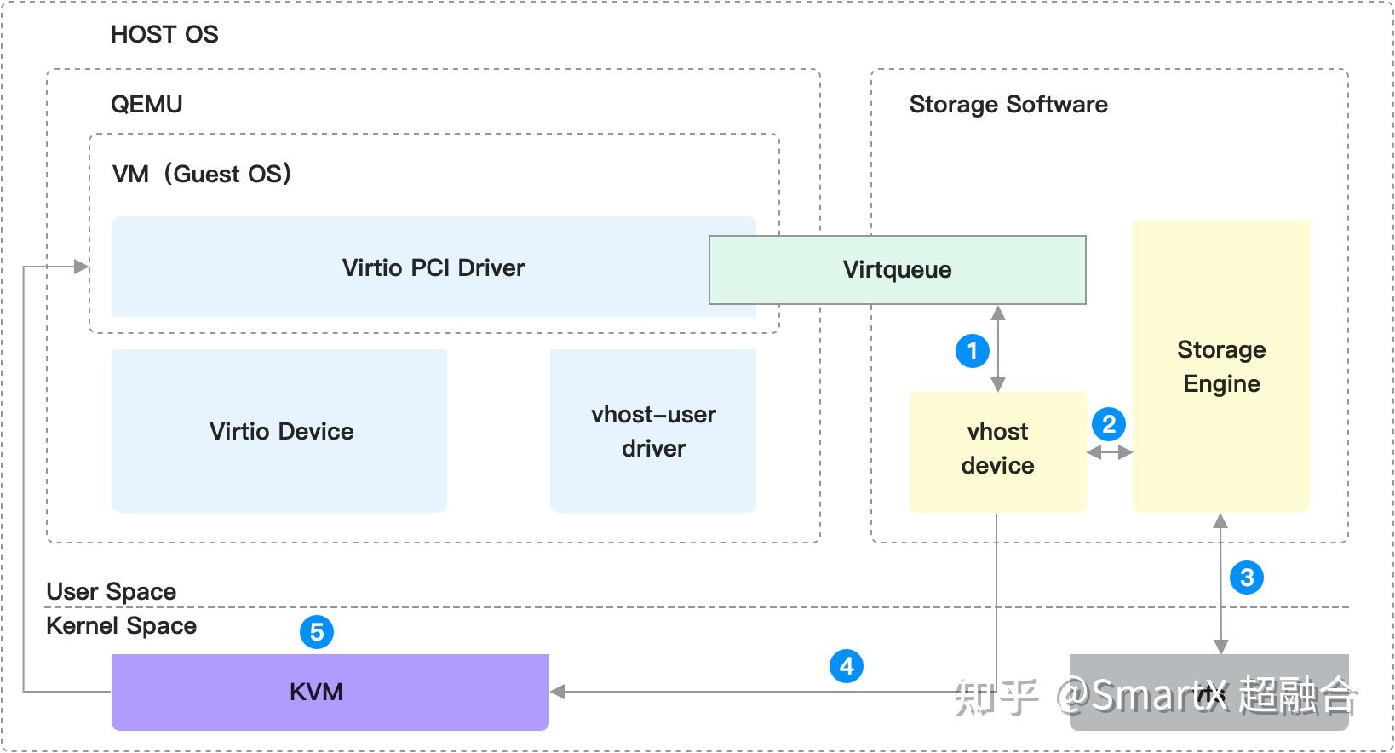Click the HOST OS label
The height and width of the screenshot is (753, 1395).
coord(164,34)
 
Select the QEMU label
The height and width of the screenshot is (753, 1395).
coord(146,104)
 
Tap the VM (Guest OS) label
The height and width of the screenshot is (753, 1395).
coord(202,174)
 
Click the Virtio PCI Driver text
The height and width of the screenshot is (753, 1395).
coord(433,267)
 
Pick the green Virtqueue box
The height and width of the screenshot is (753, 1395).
coord(897,270)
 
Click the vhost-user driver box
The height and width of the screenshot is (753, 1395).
coord(653,430)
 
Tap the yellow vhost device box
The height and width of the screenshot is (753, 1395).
coord(997,450)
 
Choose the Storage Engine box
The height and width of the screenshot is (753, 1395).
coord(1220,366)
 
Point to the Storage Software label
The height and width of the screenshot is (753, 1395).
coord(1008,104)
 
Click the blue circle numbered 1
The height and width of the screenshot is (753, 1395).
coord(972,351)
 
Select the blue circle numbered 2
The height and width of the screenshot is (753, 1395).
coord(1108,423)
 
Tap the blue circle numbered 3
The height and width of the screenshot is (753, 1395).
coord(1247,578)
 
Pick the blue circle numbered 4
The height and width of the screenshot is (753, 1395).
coord(847,666)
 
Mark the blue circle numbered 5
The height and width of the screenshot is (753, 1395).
coord(317,632)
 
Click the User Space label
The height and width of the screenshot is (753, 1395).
coord(111,591)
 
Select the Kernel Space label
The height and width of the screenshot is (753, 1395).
coord(121,625)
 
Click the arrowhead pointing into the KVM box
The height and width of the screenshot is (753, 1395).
coord(559,692)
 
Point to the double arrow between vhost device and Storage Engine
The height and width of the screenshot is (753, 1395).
coord(1109,452)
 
